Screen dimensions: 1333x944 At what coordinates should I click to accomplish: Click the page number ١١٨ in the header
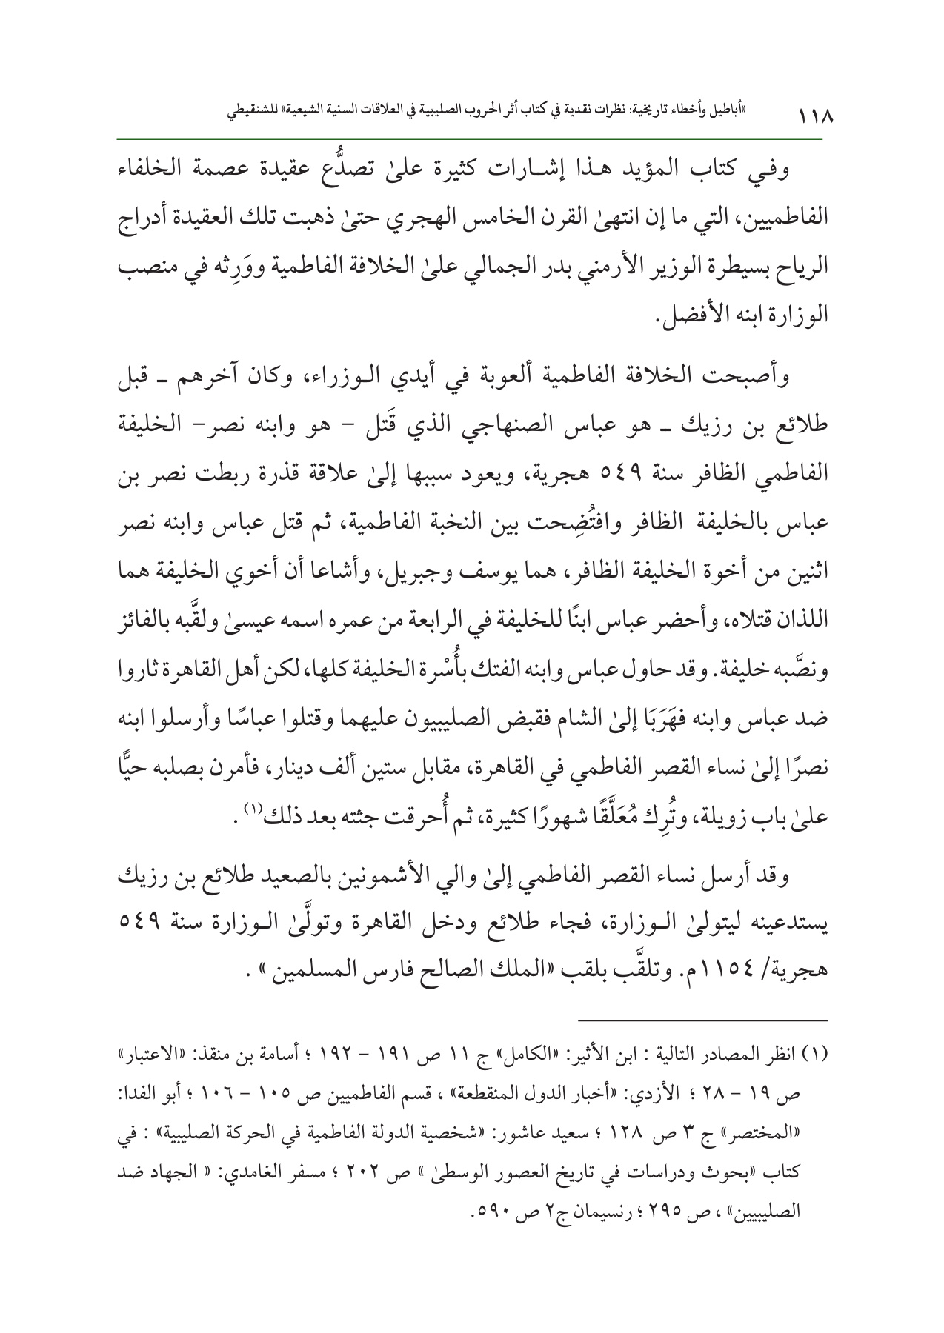click(813, 118)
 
